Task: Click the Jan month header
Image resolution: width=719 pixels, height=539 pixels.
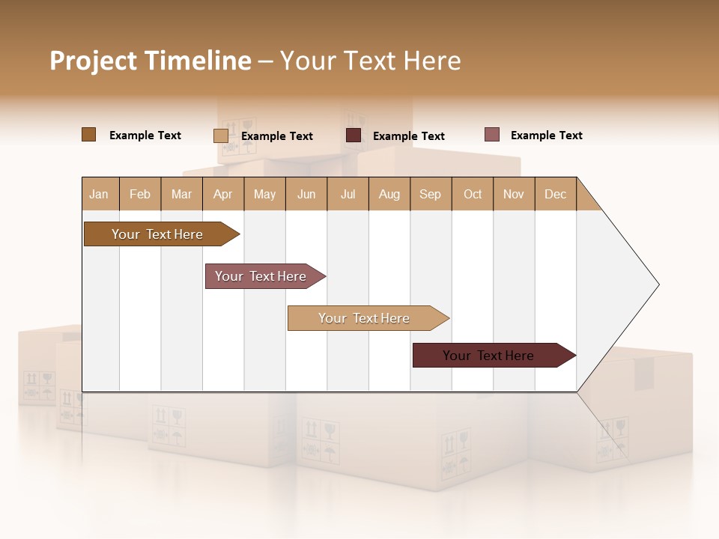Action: coord(99,194)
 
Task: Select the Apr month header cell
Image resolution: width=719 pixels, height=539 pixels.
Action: coord(222,194)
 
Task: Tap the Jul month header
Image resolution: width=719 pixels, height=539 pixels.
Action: coord(348,194)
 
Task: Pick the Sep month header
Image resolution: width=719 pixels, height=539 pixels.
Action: coord(430,194)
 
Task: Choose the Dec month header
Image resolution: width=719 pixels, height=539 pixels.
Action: coord(555,194)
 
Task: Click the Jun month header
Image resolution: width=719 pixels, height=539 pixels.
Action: coord(306,194)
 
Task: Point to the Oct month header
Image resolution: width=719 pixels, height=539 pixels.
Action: coord(473,194)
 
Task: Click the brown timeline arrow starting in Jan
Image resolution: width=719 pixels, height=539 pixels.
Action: coord(157,234)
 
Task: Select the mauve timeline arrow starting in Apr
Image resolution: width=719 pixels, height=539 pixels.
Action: coord(261,276)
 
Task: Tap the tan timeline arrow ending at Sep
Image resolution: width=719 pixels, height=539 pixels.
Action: coord(365,318)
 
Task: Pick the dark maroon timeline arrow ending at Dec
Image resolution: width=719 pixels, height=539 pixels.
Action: coord(489,356)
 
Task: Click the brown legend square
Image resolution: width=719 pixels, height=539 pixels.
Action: coord(88,135)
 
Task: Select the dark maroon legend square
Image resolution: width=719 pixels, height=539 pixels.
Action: coord(354,135)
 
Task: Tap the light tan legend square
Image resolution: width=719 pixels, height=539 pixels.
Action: coord(220,135)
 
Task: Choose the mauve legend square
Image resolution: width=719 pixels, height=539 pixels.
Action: coord(491,135)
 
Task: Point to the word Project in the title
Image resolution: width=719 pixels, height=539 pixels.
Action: coord(93,60)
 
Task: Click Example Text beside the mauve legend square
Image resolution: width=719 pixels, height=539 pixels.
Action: coord(546,135)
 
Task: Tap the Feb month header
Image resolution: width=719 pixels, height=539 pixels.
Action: coord(140,194)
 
